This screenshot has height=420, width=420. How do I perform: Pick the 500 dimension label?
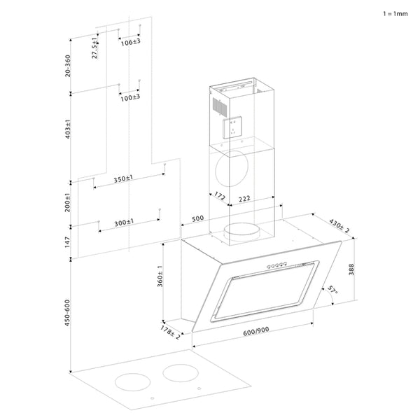pos(197,218)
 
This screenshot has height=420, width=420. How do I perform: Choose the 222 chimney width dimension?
pos(244,199)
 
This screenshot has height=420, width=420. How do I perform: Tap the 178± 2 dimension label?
pos(170,332)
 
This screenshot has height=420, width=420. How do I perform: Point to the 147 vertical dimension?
pos(68,242)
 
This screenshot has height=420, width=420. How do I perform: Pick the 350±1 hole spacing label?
pos(124,179)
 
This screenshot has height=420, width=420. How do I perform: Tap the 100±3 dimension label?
pos(129,97)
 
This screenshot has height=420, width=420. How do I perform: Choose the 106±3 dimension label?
pos(129,42)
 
